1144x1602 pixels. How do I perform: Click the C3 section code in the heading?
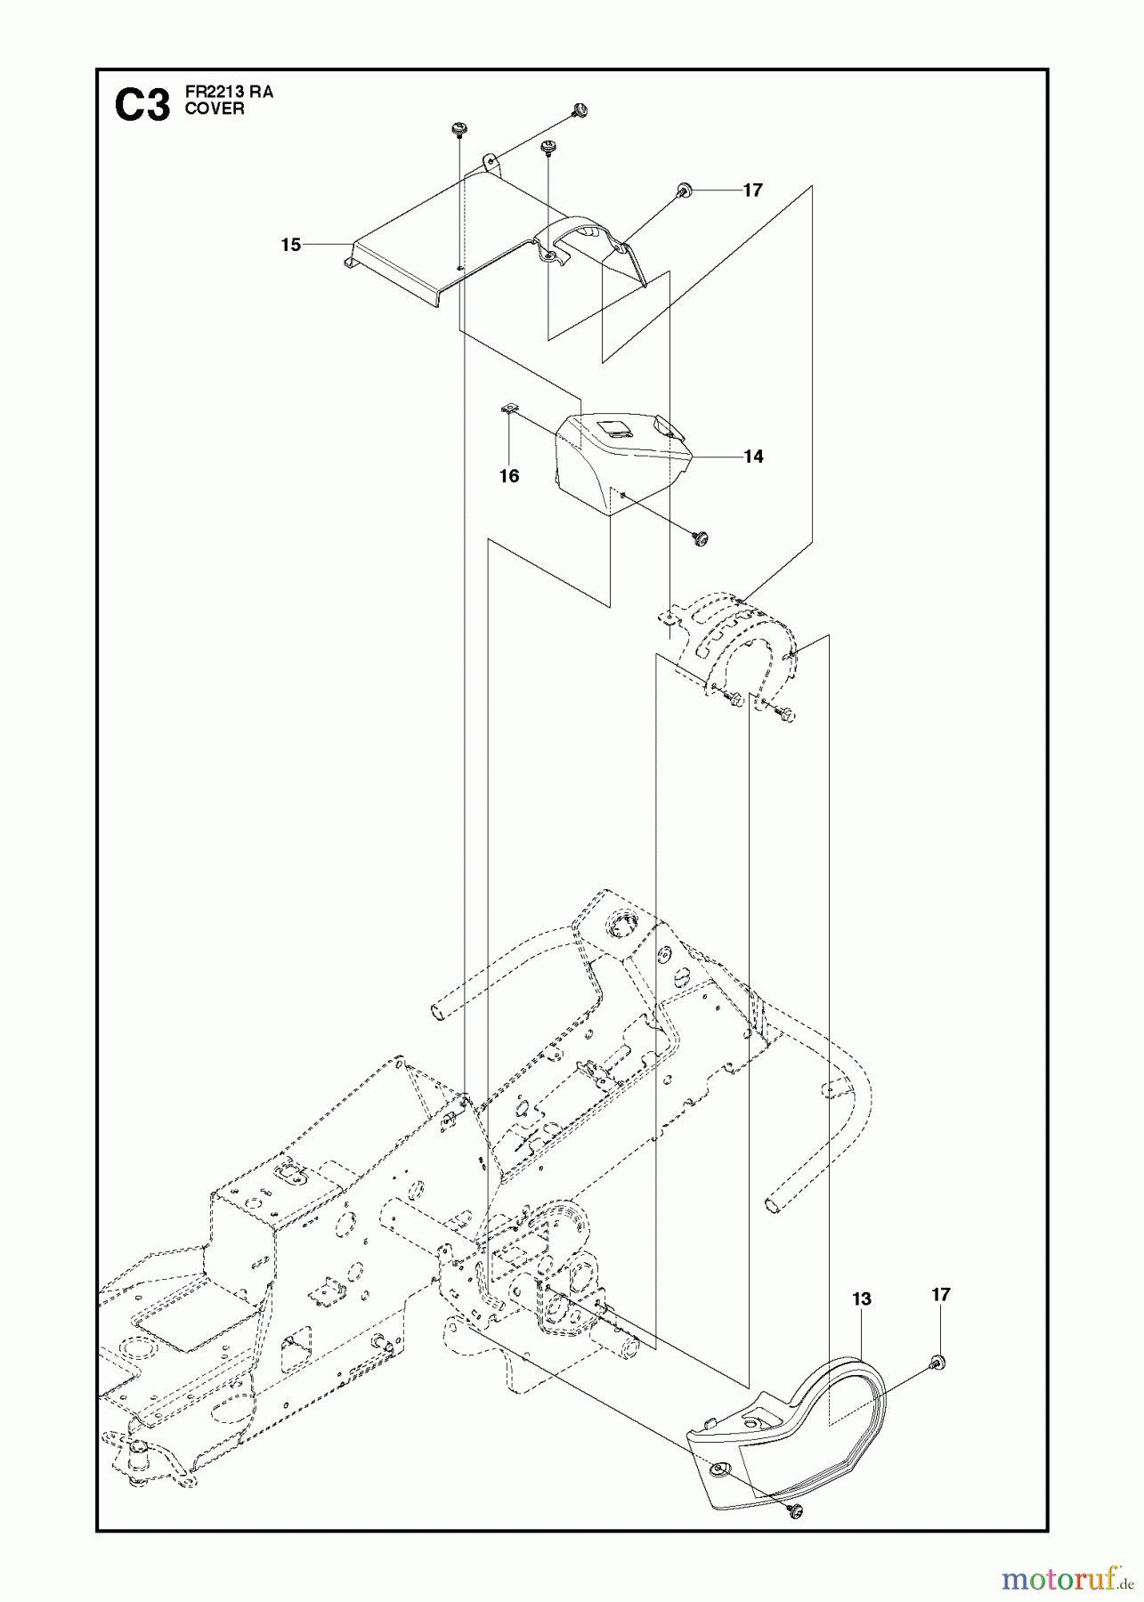(x=142, y=108)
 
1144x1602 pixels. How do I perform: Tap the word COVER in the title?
(x=214, y=109)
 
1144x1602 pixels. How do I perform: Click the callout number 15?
(x=291, y=245)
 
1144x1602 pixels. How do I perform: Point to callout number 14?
(x=753, y=457)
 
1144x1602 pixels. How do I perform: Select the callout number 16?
(x=508, y=476)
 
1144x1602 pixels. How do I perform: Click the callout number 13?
(x=861, y=1299)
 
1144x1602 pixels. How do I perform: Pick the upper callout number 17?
(x=752, y=190)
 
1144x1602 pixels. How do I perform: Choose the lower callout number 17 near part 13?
(x=941, y=1295)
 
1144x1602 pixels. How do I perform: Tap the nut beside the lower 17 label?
(x=937, y=1362)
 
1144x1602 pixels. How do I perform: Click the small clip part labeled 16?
(x=508, y=409)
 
